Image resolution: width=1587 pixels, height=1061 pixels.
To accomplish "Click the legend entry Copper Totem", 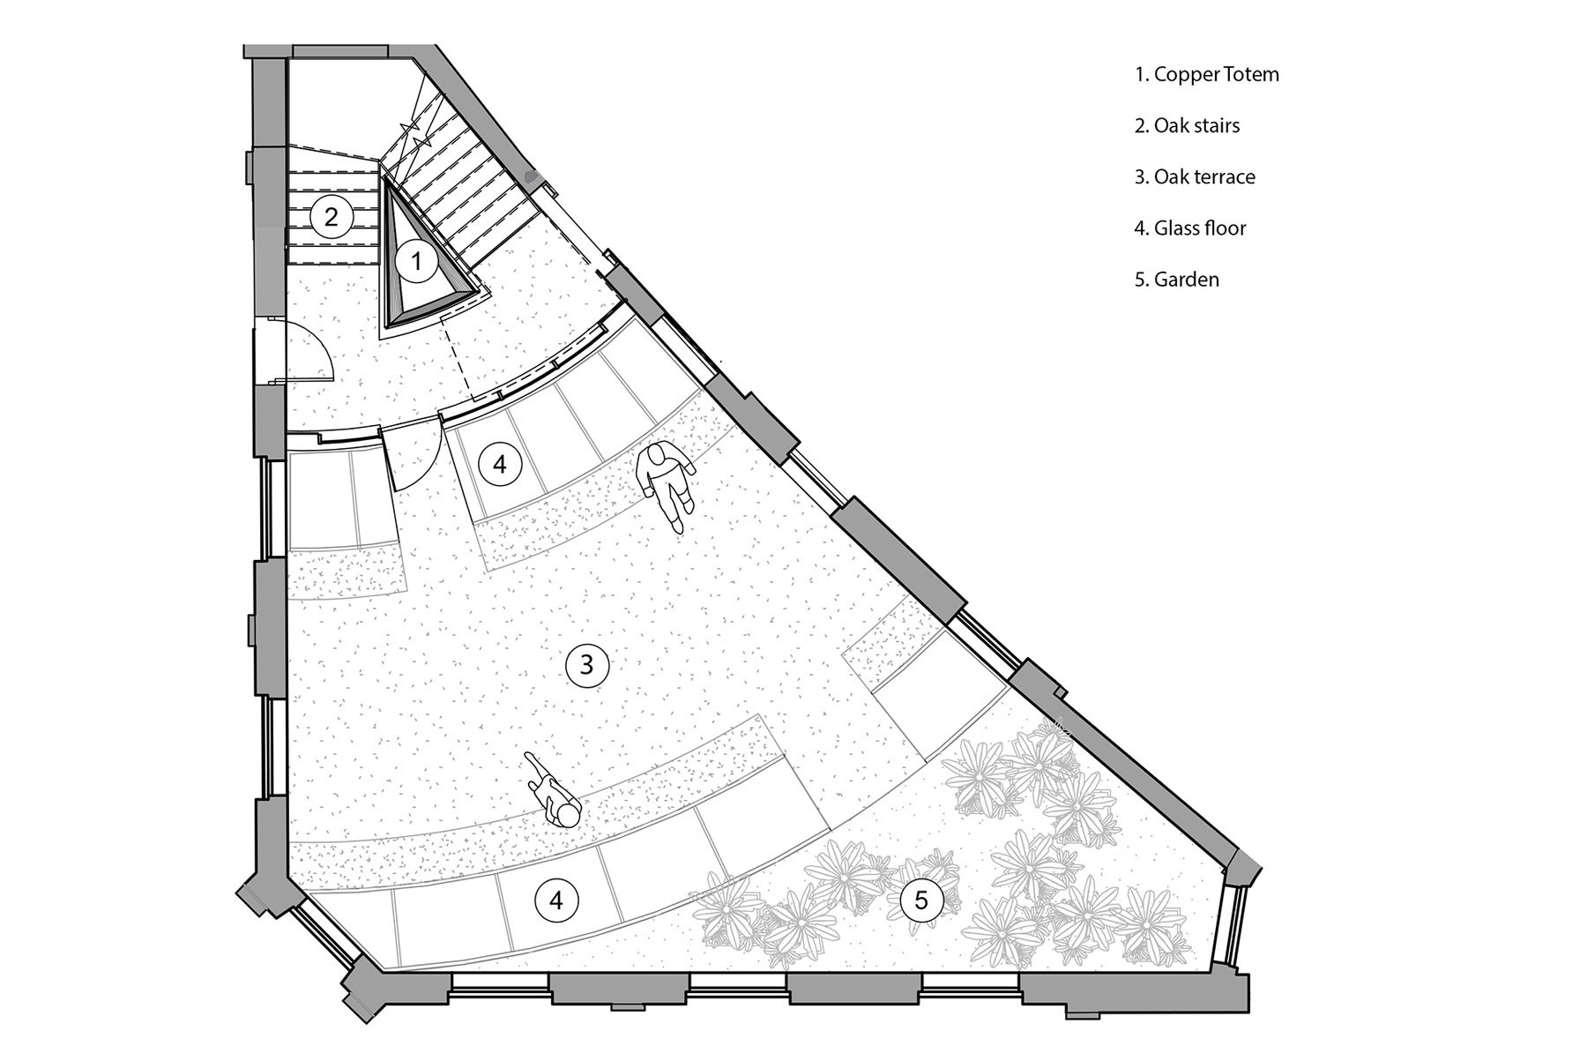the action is pyautogui.click(x=1206, y=74).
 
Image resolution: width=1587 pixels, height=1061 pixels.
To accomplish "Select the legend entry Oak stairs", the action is pyautogui.click(x=1187, y=125).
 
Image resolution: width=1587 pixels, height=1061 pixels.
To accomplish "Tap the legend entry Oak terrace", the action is pyautogui.click(x=1195, y=176).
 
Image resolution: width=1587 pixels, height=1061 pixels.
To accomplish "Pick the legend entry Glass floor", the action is pyautogui.click(x=1190, y=228).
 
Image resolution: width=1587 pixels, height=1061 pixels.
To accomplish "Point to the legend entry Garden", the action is pyautogui.click(x=1177, y=280).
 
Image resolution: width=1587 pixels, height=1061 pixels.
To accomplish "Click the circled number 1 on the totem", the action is pyautogui.click(x=418, y=260).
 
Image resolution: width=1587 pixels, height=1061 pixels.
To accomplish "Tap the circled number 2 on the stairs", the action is pyautogui.click(x=331, y=215).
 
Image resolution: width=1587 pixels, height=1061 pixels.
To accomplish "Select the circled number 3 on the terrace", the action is pyautogui.click(x=586, y=665).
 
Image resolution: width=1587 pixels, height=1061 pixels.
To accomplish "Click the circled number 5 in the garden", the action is pyautogui.click(x=920, y=900).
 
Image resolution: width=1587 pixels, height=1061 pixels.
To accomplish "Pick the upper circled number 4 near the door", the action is pyautogui.click(x=501, y=464).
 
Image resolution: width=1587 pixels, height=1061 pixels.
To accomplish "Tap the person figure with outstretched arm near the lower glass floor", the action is pyautogui.click(x=552, y=789).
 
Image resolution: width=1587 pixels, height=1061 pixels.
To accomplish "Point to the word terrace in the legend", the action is pyautogui.click(x=1225, y=176).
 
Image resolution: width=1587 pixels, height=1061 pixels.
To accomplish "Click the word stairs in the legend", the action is pyautogui.click(x=1217, y=125).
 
